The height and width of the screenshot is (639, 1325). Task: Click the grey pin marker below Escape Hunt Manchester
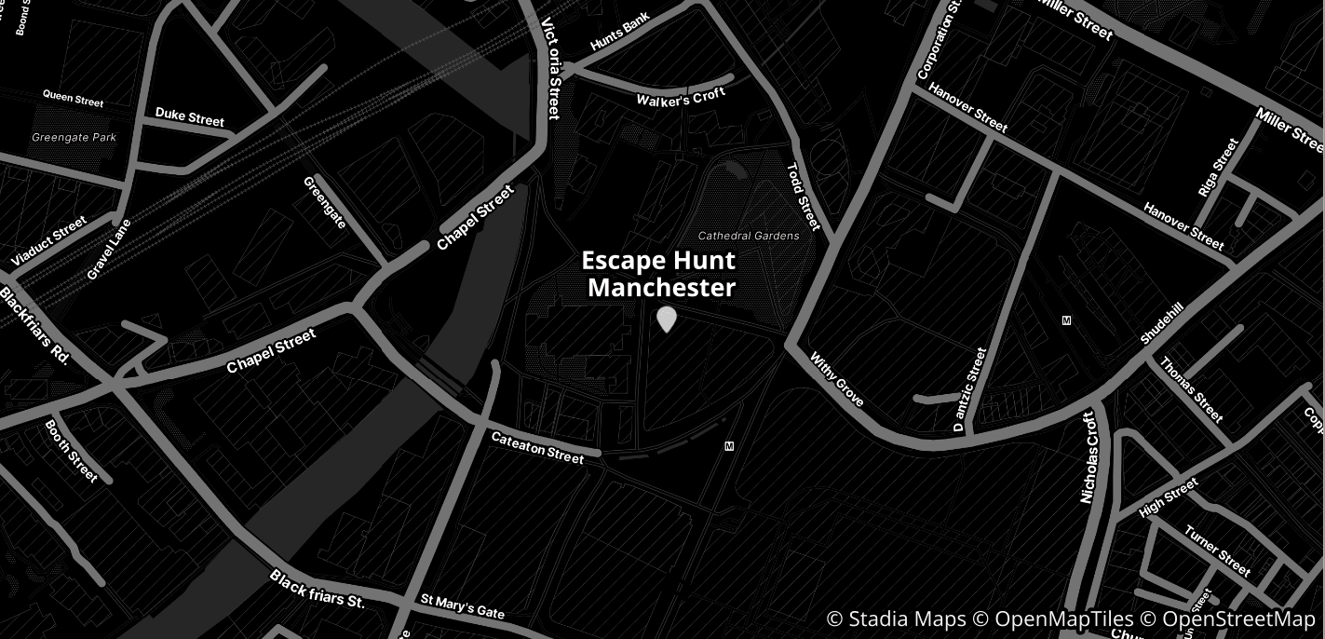(x=666, y=319)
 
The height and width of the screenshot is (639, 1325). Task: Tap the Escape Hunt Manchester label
(x=659, y=274)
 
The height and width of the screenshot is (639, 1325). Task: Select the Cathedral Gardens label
(x=749, y=236)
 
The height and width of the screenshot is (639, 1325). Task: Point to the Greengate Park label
(x=74, y=137)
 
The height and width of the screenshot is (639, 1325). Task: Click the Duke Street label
(x=190, y=116)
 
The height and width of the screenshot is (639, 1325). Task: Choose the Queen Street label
(x=74, y=98)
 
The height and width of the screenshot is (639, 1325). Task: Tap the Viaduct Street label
(x=48, y=240)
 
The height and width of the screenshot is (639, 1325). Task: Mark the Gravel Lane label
(x=109, y=249)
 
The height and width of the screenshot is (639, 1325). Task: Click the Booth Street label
(x=71, y=451)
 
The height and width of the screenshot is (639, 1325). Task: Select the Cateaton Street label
(x=537, y=447)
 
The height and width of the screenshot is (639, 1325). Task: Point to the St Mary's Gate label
(x=462, y=606)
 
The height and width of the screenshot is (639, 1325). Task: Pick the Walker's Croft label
(x=681, y=97)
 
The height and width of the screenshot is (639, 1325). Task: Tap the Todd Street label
(x=804, y=197)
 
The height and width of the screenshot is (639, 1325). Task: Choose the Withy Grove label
(x=837, y=378)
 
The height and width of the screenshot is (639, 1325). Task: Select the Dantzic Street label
(x=969, y=389)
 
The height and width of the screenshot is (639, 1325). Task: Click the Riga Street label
(x=1219, y=168)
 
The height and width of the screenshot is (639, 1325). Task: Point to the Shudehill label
(x=1162, y=323)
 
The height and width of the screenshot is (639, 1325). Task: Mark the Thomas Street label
(x=1191, y=388)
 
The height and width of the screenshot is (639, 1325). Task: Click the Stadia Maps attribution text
(x=896, y=619)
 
